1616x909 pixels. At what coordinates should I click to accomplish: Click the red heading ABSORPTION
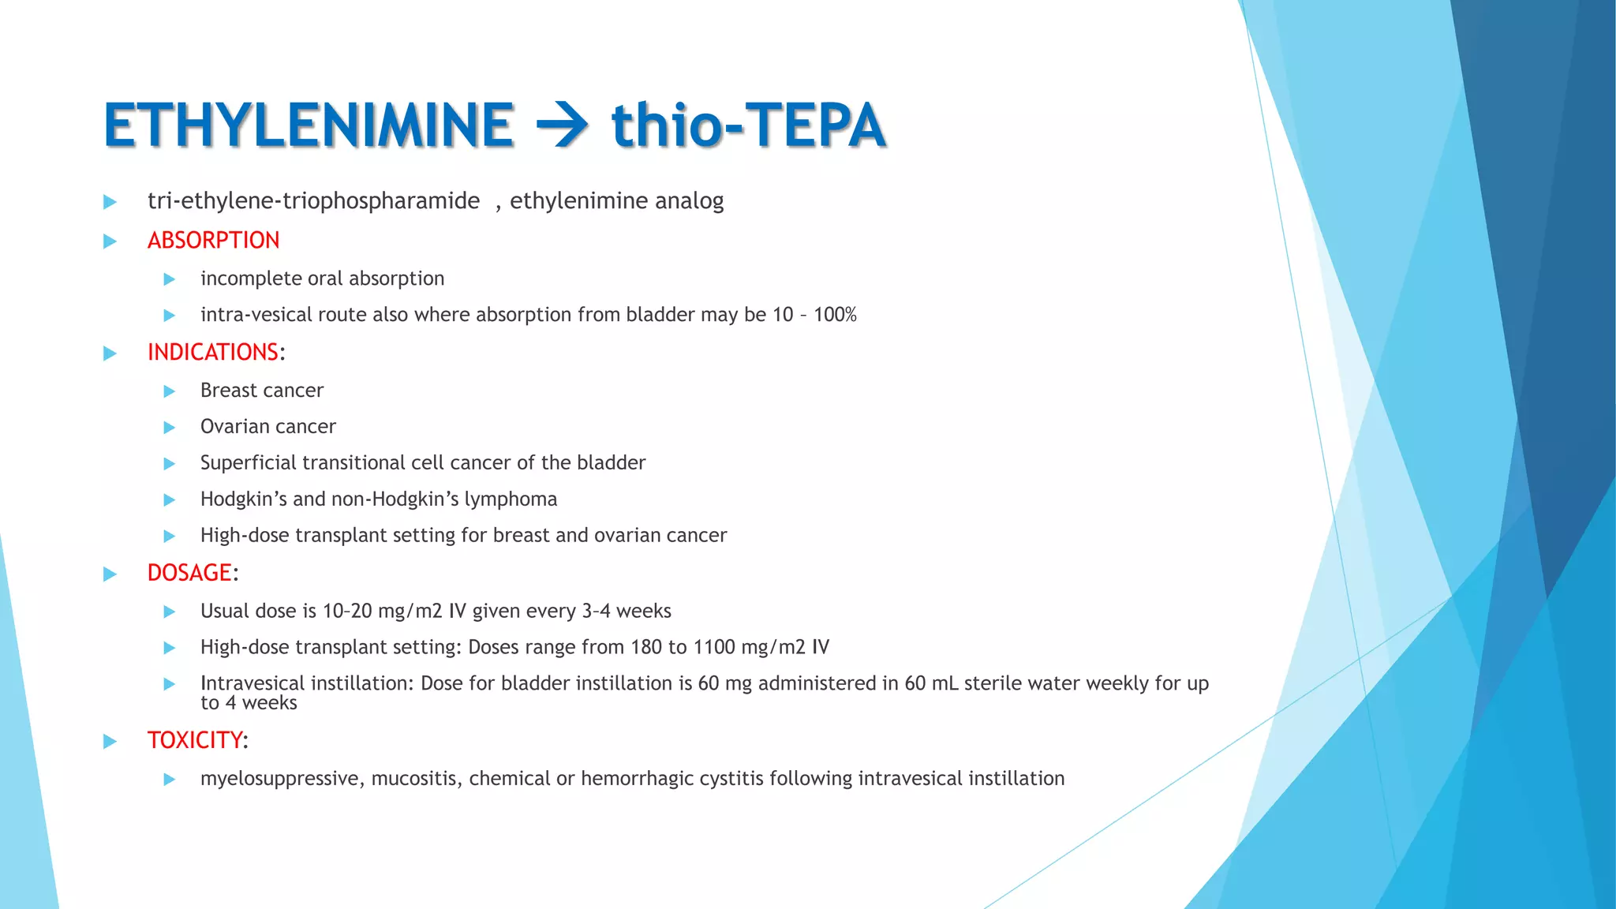pos(213,240)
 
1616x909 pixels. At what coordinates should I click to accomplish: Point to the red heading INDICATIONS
pos(213,352)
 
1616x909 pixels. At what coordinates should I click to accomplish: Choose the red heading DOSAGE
pos(189,573)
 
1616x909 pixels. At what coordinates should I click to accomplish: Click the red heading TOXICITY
pos(195,740)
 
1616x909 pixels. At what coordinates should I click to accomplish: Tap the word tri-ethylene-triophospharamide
pos(313,201)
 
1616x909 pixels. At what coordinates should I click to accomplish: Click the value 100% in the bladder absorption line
pos(835,315)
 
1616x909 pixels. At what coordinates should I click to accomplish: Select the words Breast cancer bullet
pos(262,391)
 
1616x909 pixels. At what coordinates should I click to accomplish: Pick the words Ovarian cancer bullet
pos(268,427)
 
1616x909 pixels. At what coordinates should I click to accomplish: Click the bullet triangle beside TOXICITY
pos(110,741)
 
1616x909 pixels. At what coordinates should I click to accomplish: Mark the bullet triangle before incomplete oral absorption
pos(169,279)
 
